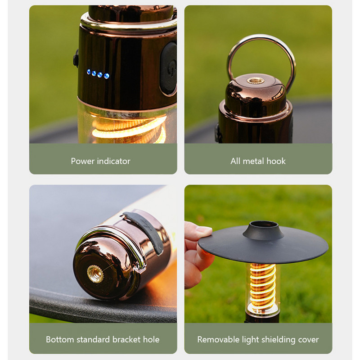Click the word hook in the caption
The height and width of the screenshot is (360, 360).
(276, 161)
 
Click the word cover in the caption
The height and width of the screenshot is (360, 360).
(308, 339)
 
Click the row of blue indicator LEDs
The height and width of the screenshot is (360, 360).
(98, 73)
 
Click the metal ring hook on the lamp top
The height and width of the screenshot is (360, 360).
(261, 49)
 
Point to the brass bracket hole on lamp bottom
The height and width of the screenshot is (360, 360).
(95, 273)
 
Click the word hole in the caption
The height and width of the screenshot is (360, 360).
(151, 339)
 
